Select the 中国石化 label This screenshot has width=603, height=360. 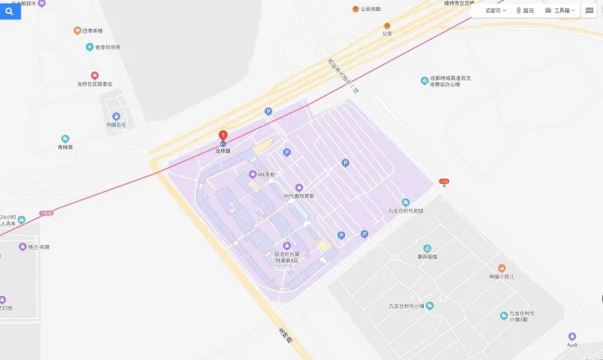tap(116, 124)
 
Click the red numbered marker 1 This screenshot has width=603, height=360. tap(223, 136)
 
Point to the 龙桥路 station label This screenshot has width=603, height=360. tap(223, 150)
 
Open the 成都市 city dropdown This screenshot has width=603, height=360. tap(495, 10)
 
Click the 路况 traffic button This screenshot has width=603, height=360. tap(524, 10)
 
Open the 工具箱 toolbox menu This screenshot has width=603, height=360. tap(561, 10)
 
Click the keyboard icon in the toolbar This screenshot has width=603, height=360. tap(590, 10)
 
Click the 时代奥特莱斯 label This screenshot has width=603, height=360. tap(299, 196)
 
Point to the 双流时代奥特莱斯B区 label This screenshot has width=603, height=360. tap(287, 256)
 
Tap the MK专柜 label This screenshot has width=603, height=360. tap(265, 174)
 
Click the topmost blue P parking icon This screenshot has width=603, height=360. tap(269, 111)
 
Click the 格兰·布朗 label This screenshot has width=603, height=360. tap(36, 248)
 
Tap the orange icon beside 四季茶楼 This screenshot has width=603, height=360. tap(77, 31)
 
